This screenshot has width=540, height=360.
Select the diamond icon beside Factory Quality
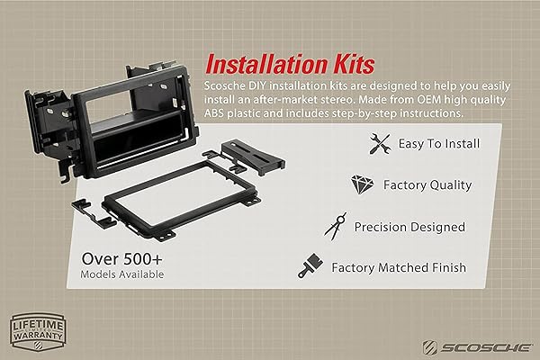(x=362, y=184)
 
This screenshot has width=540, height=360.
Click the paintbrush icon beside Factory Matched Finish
(x=310, y=267)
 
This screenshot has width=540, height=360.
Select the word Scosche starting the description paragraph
(x=226, y=84)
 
